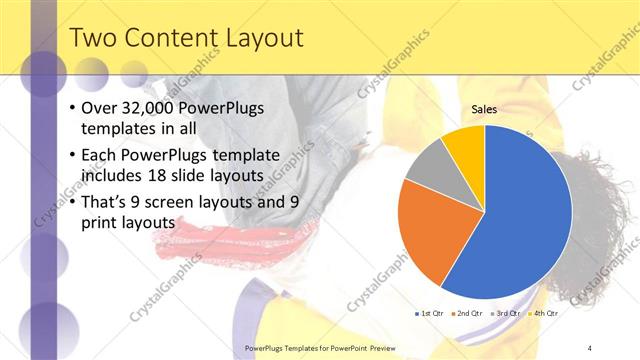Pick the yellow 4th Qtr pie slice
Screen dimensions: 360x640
465,142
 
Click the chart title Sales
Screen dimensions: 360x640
484,109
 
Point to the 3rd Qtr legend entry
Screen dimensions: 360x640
505,313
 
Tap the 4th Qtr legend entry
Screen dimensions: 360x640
544,313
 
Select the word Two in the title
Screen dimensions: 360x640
92,39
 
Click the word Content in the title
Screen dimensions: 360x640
169,39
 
